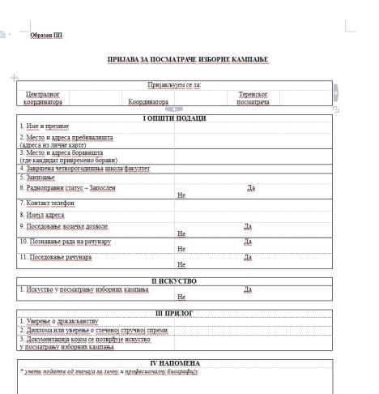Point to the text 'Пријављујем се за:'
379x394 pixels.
point(173,84)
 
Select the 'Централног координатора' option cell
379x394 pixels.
point(45,98)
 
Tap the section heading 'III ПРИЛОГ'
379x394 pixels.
point(174,312)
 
